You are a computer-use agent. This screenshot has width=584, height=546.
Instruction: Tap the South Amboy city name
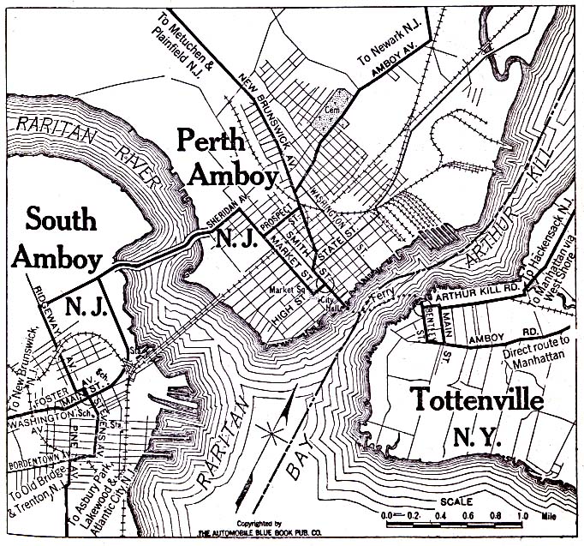(x=60, y=237)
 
